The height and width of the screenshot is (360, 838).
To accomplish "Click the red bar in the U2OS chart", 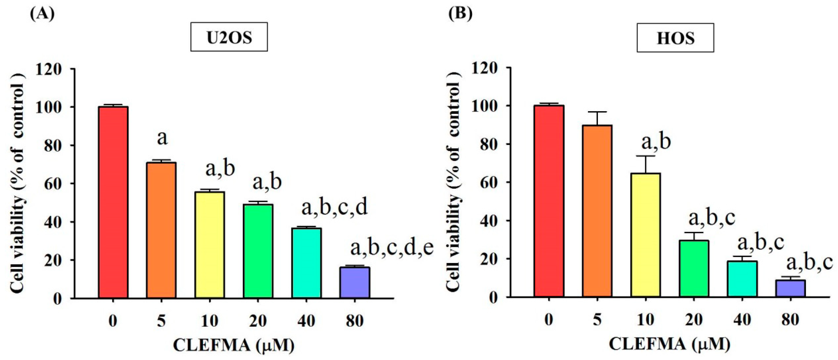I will tap(113, 202).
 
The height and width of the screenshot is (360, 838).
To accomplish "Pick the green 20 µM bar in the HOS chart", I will tap(694, 268).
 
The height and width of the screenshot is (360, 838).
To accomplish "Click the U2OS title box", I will tap(229, 37).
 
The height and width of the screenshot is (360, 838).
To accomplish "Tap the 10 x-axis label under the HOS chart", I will tap(646, 320).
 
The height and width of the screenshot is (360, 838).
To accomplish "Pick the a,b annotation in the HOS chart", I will tap(656, 142).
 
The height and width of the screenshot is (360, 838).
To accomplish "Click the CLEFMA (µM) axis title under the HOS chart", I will tap(670, 344).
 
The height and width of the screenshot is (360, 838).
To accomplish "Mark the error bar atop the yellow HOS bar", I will tap(646, 164).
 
